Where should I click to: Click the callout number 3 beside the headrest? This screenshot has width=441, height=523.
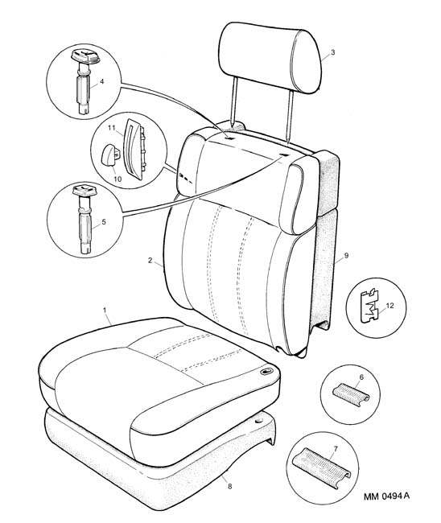coord(332,52)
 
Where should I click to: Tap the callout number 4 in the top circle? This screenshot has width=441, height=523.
coord(102,81)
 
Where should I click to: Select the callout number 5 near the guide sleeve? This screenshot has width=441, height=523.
coord(104,221)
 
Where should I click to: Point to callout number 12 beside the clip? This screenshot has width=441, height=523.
coord(389,306)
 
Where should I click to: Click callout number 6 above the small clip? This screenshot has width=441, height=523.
coord(361,377)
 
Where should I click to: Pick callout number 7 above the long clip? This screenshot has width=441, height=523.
coord(336,449)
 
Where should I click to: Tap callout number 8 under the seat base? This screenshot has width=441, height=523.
coord(229,487)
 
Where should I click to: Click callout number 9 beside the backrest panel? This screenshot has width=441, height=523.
coord(346,256)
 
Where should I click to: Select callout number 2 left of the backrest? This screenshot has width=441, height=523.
coord(150,261)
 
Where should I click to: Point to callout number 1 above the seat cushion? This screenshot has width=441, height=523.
coord(105,311)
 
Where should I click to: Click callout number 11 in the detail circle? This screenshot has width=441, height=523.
coord(111,128)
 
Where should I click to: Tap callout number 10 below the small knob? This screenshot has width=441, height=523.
coord(117,179)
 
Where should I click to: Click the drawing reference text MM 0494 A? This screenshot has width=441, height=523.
coord(386,496)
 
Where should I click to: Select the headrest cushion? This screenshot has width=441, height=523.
coord(270,56)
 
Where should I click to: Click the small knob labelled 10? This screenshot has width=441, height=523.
coord(109,154)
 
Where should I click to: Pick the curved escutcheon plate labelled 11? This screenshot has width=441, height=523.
coord(135,149)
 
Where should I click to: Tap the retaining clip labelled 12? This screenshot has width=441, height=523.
coord(370,306)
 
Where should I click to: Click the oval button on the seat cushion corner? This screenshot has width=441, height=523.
coord(266,371)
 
